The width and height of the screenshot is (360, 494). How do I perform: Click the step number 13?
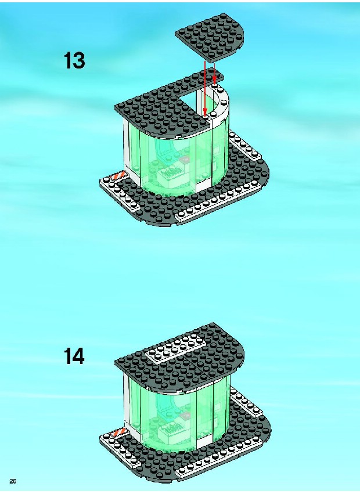(74, 60)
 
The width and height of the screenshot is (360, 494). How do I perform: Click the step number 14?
(74, 356)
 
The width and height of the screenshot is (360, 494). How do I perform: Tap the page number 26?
(13, 481)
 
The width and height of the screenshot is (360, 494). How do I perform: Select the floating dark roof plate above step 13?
(210, 36)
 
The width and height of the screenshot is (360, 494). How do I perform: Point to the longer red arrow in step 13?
(205, 88)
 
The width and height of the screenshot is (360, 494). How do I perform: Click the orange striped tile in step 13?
(118, 175)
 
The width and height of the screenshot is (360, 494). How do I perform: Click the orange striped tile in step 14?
(118, 433)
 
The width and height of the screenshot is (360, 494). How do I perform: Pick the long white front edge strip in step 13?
(218, 201)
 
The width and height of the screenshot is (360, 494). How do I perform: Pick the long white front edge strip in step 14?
(218, 459)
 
